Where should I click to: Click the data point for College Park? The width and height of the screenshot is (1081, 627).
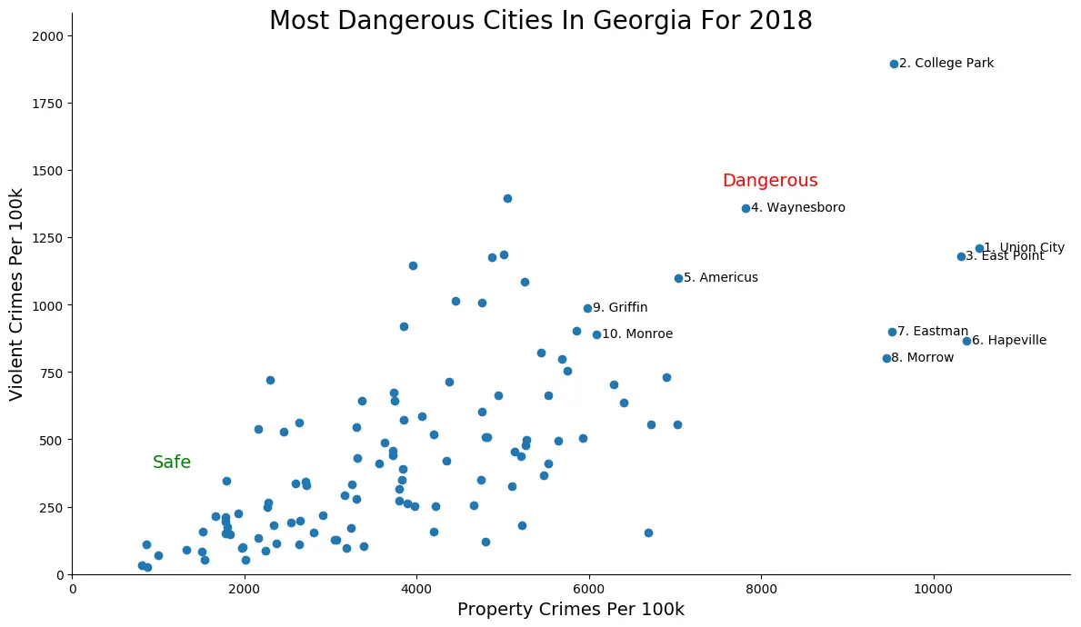click(x=894, y=64)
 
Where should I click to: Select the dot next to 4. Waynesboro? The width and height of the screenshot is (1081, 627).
click(x=746, y=208)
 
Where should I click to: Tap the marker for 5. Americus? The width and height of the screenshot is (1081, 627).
click(x=678, y=278)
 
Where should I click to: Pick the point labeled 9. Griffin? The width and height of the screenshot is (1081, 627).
click(x=587, y=308)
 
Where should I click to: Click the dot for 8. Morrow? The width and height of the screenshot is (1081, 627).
click(x=886, y=358)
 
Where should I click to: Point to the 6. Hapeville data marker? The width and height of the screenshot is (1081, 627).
click(x=966, y=341)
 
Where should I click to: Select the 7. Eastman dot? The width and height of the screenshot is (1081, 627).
click(x=892, y=332)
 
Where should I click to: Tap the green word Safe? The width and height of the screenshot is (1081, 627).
click(x=172, y=463)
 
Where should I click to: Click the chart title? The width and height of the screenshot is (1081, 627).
click(x=540, y=21)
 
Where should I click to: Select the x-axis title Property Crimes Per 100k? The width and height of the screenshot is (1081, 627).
click(x=570, y=610)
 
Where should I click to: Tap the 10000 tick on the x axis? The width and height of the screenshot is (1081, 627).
click(x=933, y=589)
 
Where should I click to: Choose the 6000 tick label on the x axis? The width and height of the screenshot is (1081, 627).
click(x=589, y=589)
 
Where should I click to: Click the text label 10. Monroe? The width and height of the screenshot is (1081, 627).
click(x=637, y=334)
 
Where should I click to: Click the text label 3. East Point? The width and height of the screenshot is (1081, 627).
click(x=1005, y=256)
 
